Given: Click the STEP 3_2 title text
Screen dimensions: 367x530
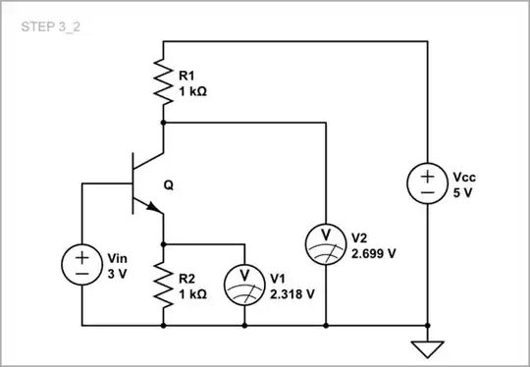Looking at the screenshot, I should point(49,26).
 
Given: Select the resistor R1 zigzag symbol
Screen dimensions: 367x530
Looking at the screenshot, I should point(163,81).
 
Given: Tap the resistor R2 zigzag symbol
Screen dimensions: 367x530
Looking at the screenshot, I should point(163,283).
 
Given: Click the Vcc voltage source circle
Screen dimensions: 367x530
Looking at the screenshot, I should point(428,183).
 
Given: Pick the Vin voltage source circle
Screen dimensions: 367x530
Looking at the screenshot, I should point(81,264).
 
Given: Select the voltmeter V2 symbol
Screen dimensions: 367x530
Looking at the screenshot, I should point(324,241).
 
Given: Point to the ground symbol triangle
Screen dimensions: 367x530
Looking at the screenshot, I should point(428,347).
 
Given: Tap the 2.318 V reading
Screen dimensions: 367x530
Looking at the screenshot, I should point(292,293).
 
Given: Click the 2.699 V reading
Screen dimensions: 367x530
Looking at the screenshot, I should point(374,252).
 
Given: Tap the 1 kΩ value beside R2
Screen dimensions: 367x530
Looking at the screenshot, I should point(193,293).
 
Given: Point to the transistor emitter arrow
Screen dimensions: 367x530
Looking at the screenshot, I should point(152,206).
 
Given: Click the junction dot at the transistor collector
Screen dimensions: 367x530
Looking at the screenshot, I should point(163,123).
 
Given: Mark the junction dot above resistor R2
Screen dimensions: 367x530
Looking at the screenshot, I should point(163,241).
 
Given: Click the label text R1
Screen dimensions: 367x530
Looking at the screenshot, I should point(186,74).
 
